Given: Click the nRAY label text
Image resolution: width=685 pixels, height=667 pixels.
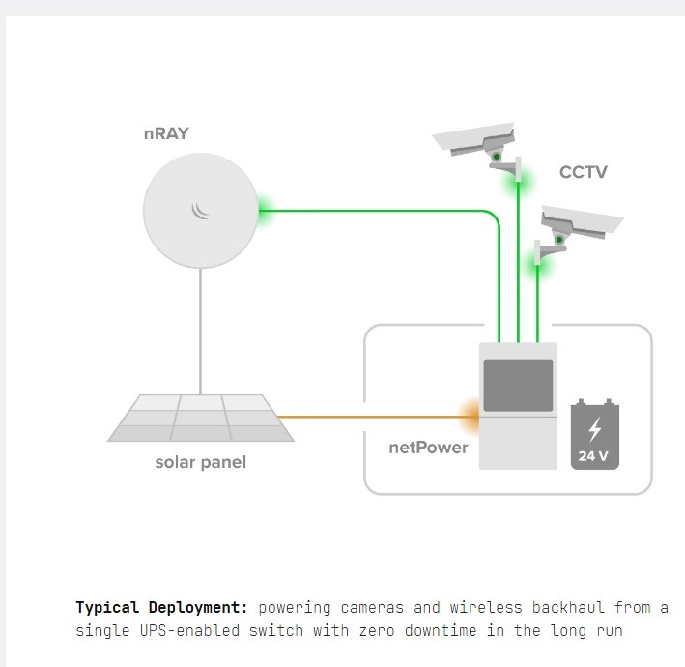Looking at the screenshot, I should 165,134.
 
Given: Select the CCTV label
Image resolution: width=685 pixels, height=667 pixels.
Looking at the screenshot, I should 584,172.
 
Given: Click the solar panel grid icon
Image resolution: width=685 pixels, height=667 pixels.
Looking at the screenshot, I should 201,418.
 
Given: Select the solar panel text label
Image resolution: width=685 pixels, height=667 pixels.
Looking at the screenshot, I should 201,462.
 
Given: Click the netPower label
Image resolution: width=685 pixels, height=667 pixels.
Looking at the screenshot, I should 428,448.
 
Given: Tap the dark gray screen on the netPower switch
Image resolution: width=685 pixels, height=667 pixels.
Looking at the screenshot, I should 518,385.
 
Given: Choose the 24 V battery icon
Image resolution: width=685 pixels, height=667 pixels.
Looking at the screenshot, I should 594,434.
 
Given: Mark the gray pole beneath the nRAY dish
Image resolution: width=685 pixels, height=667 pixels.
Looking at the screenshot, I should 200,329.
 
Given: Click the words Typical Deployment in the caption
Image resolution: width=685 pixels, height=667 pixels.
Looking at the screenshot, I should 161,608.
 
